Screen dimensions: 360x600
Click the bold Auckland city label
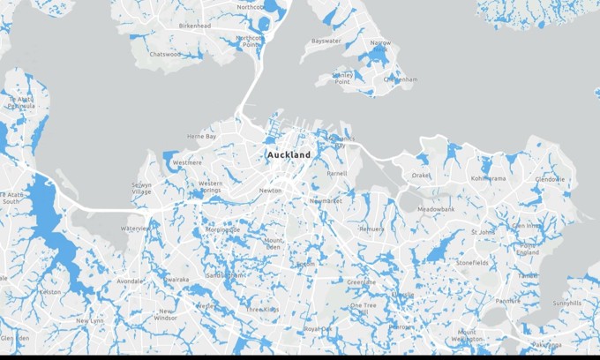[289, 154]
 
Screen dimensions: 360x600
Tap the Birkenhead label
[194, 26]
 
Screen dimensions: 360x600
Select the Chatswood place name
[165, 54]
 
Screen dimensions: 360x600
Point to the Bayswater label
[326, 41]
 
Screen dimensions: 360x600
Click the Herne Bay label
[201, 137]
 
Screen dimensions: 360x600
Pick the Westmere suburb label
[186, 163]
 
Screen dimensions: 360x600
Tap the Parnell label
[336, 174]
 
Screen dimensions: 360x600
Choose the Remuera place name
[371, 229]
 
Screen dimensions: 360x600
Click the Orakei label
[421, 175]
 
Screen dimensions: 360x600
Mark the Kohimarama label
[488, 178]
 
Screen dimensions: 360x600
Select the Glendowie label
[549, 179]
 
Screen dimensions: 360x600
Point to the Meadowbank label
[436, 209]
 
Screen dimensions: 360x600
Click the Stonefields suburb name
[476, 262]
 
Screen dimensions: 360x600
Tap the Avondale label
[129, 281]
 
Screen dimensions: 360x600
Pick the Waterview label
[135, 228]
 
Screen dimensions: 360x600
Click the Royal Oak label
[318, 328]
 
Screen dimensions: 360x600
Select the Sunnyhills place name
[566, 303]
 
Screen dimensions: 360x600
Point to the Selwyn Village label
[141, 188]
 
